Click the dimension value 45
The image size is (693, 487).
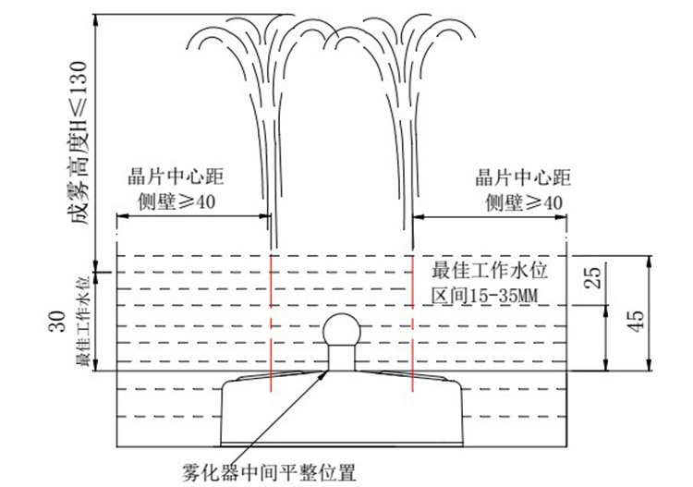click(636, 322)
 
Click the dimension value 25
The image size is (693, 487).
click(594, 277)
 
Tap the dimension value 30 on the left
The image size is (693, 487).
click(57, 322)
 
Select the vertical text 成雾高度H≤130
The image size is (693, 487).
click(79, 142)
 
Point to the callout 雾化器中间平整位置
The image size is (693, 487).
click(269, 472)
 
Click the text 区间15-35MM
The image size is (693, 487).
click(485, 296)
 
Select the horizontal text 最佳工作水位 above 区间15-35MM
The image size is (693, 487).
click(490, 271)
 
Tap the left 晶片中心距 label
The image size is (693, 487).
click(176, 177)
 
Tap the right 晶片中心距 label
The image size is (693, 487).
click(523, 177)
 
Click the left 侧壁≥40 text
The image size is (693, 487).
click(176, 201)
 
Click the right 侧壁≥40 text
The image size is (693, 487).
click(524, 203)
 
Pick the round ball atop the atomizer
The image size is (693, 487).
click(342, 331)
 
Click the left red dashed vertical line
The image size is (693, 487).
click(271, 323)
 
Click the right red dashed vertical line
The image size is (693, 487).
click(412, 323)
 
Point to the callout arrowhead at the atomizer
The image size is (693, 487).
click(325, 375)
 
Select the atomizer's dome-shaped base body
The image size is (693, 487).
click(342, 408)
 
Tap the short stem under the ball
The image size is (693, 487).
click(342, 358)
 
